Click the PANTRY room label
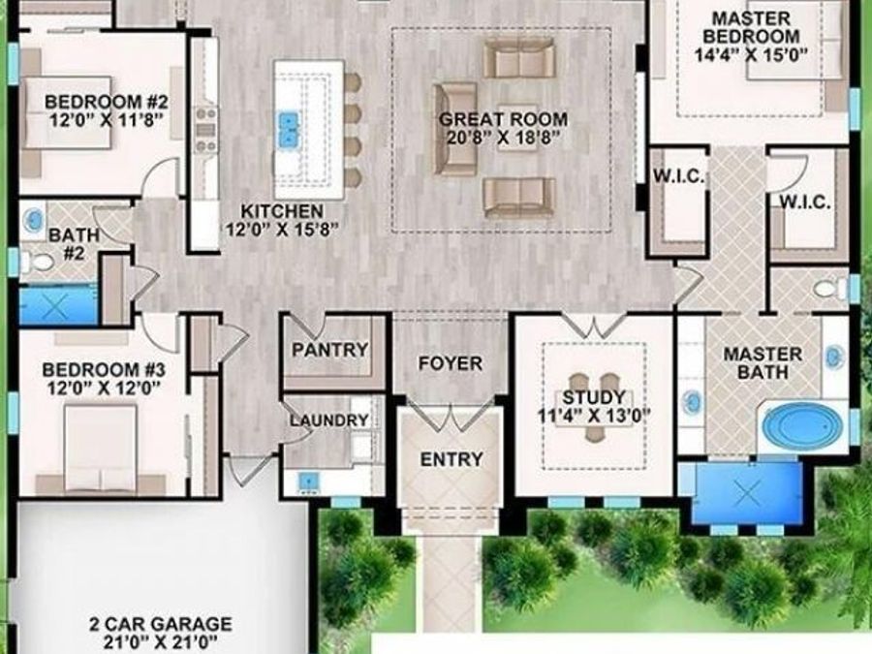click(330, 350)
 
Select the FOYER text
click(450, 363)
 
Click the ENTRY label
click(451, 459)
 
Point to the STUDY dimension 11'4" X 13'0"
click(594, 417)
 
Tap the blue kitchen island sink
click(288, 129)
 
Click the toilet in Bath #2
click(38, 261)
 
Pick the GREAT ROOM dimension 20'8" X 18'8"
click(503, 139)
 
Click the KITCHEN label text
click(282, 211)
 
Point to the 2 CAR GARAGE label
click(161, 624)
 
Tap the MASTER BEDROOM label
click(750, 27)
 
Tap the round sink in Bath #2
click(32, 217)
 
